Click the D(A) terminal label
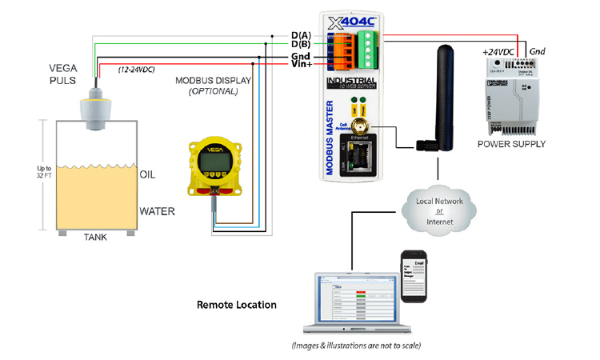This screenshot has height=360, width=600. [x=300, y=35]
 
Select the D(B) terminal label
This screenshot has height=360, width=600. [x=300, y=45]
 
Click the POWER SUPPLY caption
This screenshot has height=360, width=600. [x=511, y=144]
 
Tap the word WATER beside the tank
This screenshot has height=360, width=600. [x=157, y=212]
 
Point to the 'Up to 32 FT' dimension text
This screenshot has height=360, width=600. [x=45, y=174]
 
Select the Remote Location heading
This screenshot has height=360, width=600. [x=237, y=305]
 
